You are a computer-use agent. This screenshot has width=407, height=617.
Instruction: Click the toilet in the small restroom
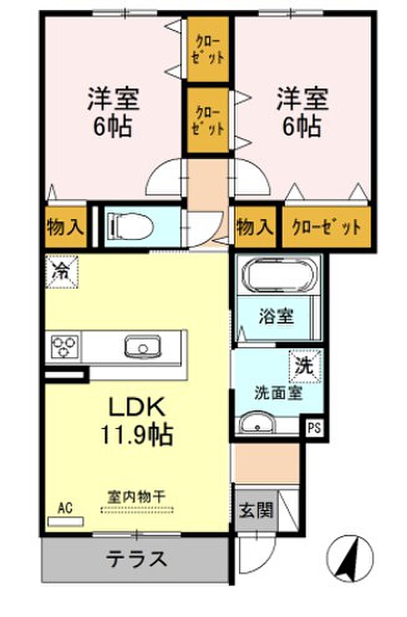point(130,226)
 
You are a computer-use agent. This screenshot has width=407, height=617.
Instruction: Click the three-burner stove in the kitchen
point(63,347)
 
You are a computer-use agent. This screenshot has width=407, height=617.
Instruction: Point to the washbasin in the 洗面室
point(257,424)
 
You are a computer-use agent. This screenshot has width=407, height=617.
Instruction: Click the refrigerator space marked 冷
point(62,272)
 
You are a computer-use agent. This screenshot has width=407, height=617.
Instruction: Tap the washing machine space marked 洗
point(306,366)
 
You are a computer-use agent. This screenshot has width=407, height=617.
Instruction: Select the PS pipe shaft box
point(314,428)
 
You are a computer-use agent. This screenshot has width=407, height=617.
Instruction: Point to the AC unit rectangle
point(65,522)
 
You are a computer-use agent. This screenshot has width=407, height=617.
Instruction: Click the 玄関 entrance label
point(256,511)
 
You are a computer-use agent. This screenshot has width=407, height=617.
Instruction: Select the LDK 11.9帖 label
point(136,421)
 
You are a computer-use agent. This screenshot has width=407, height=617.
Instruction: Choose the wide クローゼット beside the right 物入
point(326,227)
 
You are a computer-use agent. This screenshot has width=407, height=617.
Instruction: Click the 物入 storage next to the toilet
point(65,227)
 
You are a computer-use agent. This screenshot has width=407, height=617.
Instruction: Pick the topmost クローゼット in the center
point(208,49)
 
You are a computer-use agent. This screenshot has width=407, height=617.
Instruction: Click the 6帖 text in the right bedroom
point(302,126)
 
